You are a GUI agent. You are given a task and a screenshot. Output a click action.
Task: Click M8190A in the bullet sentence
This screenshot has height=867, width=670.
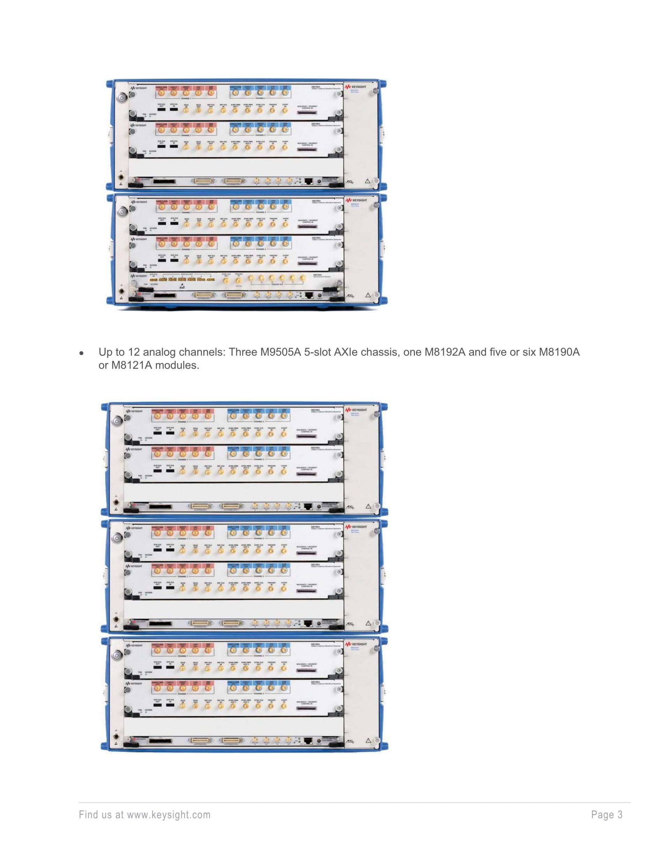559,352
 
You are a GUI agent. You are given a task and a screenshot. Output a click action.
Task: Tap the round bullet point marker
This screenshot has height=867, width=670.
81,353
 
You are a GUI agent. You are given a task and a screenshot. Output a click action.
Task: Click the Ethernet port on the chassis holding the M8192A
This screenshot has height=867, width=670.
310,295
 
